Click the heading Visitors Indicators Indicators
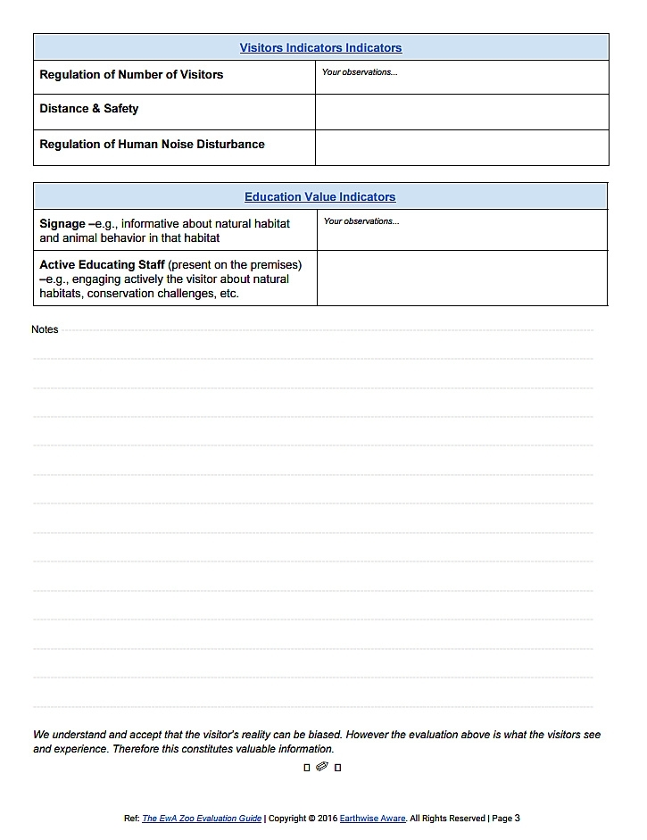coord(320,48)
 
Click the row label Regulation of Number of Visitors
coord(131,75)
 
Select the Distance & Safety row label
coord(89,109)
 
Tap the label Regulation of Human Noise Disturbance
coord(152,144)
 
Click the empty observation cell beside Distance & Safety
coord(461,112)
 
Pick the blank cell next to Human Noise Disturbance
coord(461,147)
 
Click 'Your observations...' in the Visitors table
coord(360,72)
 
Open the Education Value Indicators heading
coord(319,197)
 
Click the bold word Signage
coord(62,224)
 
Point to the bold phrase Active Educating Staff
coord(102,265)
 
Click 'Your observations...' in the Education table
coord(361,221)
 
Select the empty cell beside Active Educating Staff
coord(461,278)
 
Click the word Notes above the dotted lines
coord(45,329)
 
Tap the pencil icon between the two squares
coord(322,766)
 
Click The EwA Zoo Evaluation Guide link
coord(202,818)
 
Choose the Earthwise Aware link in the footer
coord(373,818)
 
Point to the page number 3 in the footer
coord(518,818)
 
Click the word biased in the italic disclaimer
coord(320,735)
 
